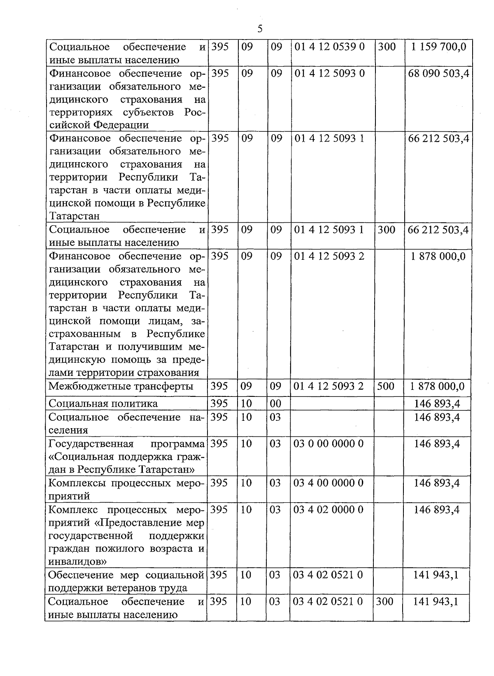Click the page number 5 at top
pyautogui.click(x=259, y=29)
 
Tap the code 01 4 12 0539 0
pyautogui.click(x=330, y=47)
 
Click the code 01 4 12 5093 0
pyautogui.click(x=330, y=73)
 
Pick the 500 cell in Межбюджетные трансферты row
pyautogui.click(x=386, y=386)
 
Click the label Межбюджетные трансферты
pyautogui.click(x=121, y=386)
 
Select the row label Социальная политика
pyautogui.click(x=103, y=403)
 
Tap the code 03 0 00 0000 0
pyautogui.click(x=329, y=444)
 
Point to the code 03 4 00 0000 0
pyautogui.click(x=329, y=483)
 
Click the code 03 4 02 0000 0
pyautogui.click(x=329, y=510)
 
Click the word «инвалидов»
pyautogui.click(x=78, y=562)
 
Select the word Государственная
pyautogui.click(x=91, y=444)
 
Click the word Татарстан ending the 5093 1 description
pyautogui.click(x=74, y=216)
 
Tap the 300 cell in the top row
pyautogui.click(x=387, y=47)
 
